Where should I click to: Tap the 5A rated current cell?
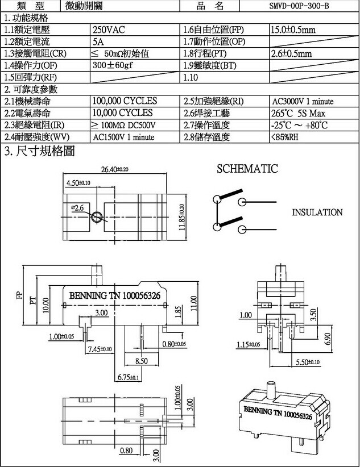98,41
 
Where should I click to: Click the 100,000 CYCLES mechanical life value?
125,101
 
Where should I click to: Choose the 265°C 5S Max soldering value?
301,113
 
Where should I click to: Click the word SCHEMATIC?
247,169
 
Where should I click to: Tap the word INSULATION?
317,212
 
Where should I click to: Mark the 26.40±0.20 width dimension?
115,169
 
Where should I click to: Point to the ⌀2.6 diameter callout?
78,209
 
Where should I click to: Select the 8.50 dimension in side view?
141,361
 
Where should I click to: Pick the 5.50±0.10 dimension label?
307,362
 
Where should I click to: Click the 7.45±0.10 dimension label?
100,349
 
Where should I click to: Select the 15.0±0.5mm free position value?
293,29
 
